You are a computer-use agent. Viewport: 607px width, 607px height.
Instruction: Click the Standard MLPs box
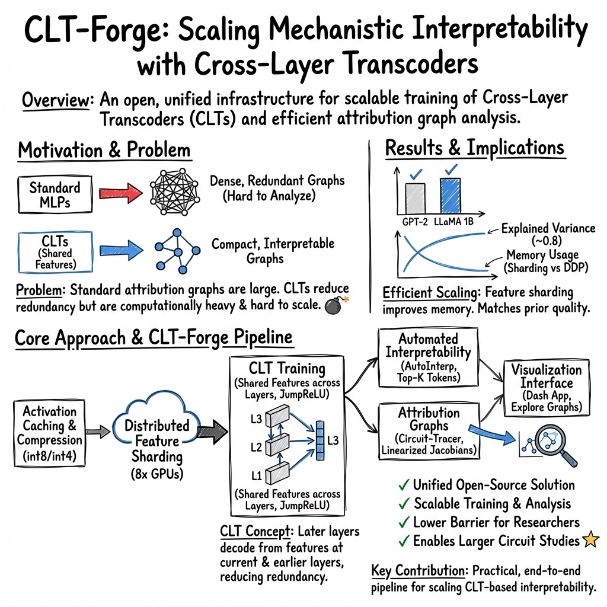coord(55,194)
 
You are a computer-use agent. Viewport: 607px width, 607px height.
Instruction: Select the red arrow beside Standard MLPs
coord(120,193)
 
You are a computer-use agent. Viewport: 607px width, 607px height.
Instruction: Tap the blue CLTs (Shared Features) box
coord(55,252)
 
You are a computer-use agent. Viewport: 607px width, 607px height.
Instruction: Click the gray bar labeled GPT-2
coord(415,198)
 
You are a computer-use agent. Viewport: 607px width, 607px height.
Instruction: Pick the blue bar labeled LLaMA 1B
coord(451,196)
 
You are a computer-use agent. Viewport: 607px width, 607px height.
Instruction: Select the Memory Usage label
coord(542,255)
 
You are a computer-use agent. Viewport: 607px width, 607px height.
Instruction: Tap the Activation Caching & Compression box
coord(49,433)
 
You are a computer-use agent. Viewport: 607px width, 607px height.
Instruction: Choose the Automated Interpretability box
coord(428,357)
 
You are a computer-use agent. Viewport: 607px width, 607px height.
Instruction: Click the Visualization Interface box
coord(546,388)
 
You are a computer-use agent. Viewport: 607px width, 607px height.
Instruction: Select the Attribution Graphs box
coord(429,431)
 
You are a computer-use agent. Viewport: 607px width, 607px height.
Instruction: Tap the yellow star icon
coord(591,539)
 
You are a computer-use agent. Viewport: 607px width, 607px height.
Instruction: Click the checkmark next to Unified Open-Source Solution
coord(404,485)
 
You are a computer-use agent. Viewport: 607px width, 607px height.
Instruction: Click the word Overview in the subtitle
coord(56,100)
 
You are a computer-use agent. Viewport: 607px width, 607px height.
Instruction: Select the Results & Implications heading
coord(475,148)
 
